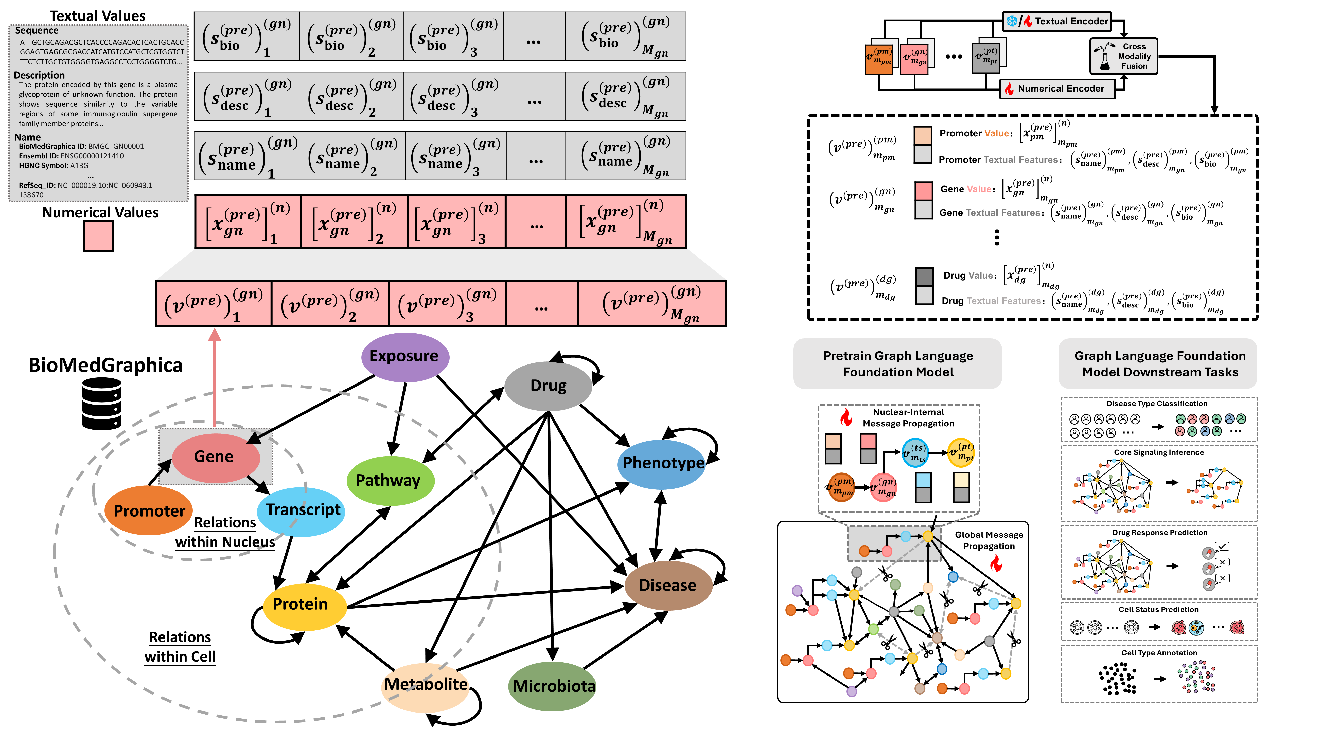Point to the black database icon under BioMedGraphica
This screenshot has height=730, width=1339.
(102, 404)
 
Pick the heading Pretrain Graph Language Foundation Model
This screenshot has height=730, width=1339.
(898, 364)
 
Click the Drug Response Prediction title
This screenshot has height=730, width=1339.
(1159, 533)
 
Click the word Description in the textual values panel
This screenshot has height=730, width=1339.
(40, 75)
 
